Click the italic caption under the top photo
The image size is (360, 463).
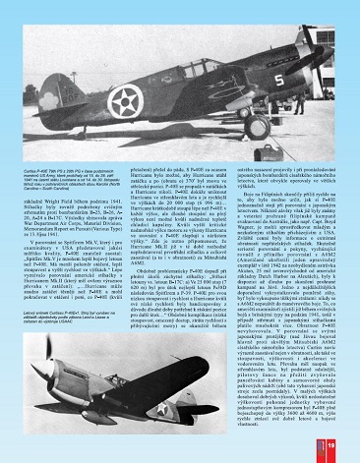pos(60,173)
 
